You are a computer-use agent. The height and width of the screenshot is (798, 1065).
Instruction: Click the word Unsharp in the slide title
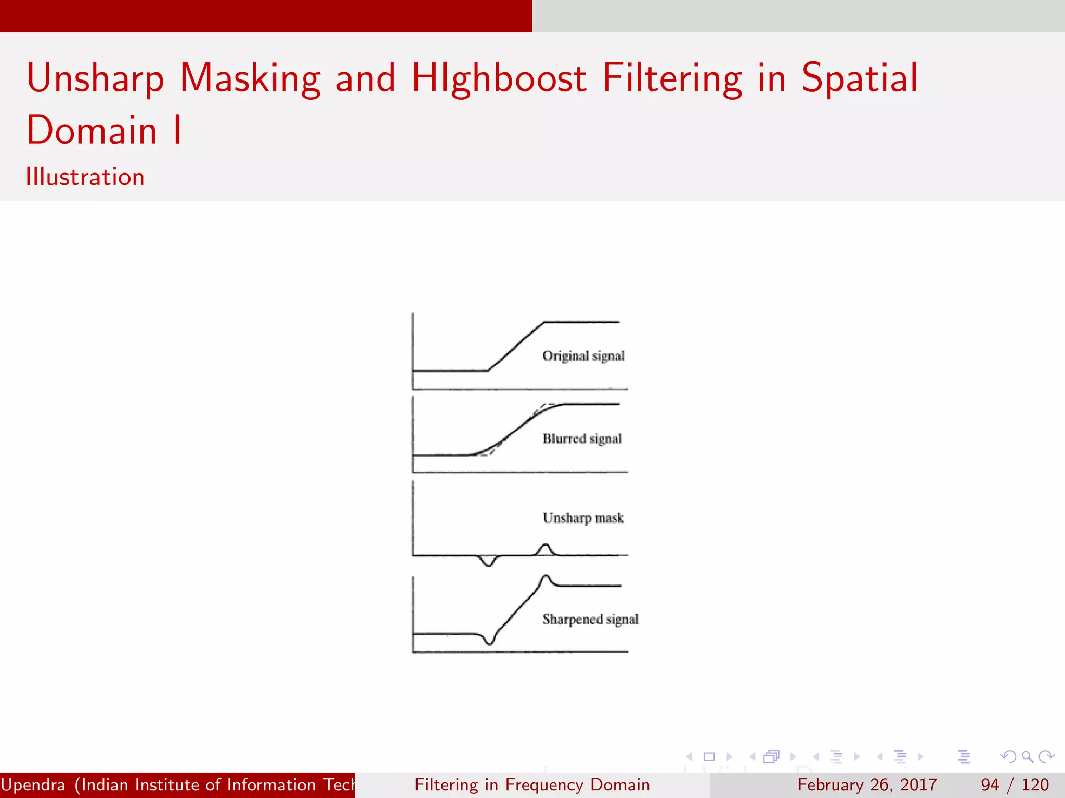click(x=95, y=78)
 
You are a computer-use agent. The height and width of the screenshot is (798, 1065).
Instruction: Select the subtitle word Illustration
click(x=85, y=177)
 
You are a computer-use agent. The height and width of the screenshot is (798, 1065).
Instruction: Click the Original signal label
click(x=583, y=356)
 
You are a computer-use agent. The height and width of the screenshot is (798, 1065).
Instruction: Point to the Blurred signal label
click(x=582, y=439)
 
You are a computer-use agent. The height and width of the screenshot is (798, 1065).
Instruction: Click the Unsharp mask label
click(x=583, y=518)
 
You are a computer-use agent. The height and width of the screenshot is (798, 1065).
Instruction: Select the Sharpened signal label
click(x=590, y=619)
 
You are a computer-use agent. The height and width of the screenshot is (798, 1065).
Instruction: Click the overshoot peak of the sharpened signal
click(x=546, y=577)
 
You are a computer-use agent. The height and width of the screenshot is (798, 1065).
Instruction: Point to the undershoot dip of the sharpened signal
click(x=489, y=642)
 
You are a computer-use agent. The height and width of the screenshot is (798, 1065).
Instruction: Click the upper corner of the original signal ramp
click(x=543, y=323)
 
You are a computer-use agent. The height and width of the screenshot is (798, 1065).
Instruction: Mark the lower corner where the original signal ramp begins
click(x=488, y=370)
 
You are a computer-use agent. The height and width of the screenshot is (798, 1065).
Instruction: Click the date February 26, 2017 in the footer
click(x=867, y=784)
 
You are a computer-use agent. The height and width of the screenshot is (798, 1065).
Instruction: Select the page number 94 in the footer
click(x=990, y=784)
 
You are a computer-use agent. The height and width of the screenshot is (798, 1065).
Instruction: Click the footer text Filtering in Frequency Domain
click(x=532, y=784)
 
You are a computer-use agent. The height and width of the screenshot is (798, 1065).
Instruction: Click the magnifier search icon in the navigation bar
click(x=1027, y=756)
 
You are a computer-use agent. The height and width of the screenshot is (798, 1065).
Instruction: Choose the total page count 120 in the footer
click(x=1035, y=784)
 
